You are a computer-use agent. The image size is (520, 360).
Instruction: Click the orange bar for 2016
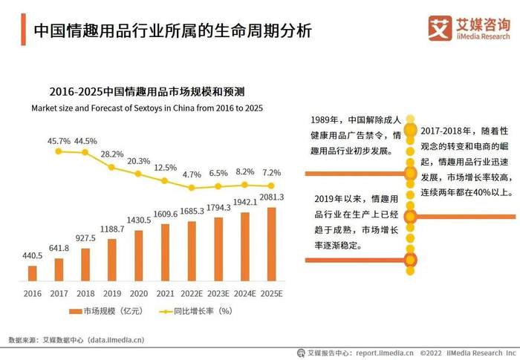[32, 274]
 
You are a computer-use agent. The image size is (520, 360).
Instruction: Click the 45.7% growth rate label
[59, 140]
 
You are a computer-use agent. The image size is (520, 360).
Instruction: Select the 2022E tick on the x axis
[192, 293]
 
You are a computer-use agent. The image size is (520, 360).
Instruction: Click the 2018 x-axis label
[85, 293]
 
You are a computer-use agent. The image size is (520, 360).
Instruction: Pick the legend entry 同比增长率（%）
[198, 311]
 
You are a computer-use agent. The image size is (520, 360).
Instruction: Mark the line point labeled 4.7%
[192, 187]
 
